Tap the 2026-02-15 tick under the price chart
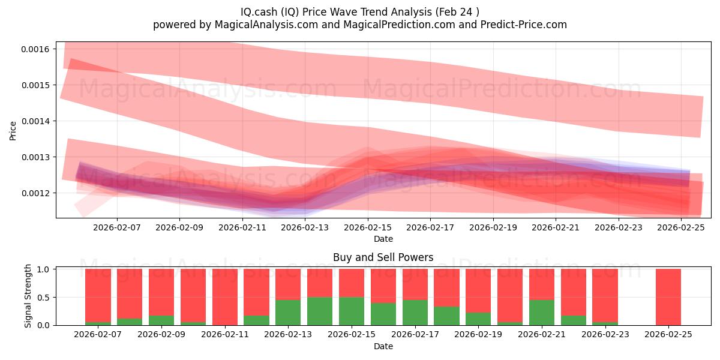[x=368, y=228]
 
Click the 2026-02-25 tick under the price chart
[x=682, y=228]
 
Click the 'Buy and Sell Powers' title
[x=383, y=257]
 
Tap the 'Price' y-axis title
[x=13, y=130]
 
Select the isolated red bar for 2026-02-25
[x=668, y=297]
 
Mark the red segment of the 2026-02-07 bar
[x=98, y=294]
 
